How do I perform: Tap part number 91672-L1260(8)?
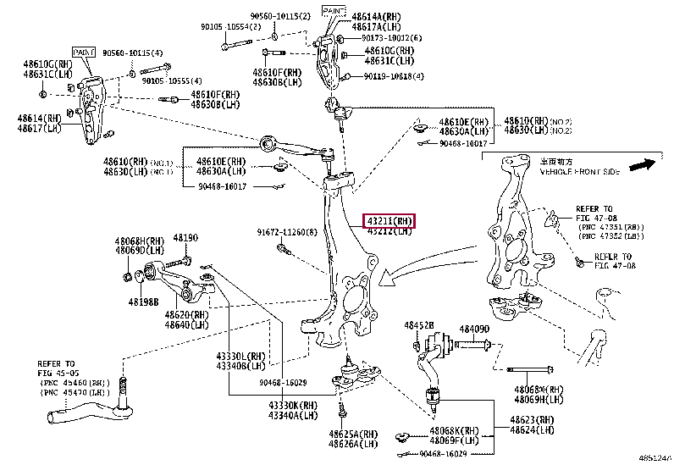coord(288,232)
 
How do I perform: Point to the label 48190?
coord(185,239)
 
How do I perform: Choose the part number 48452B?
coord(418,325)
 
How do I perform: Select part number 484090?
coord(475,329)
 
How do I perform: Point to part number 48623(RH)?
coord(533,419)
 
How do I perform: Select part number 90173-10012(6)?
coord(393,38)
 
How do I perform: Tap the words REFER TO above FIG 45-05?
coord(56,362)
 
